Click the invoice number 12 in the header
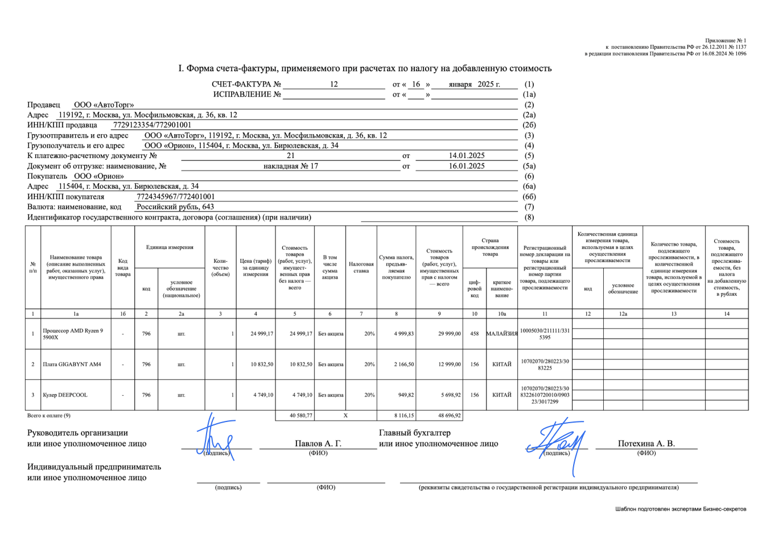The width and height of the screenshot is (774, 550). (334, 84)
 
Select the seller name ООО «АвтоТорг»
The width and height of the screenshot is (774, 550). (104, 105)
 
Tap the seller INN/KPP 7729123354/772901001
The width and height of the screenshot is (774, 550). (153, 125)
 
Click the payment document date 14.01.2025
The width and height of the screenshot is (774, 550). (467, 155)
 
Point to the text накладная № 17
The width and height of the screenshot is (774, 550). (290, 166)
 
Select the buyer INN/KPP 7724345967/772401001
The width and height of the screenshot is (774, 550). (176, 197)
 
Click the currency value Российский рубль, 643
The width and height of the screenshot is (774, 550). (175, 207)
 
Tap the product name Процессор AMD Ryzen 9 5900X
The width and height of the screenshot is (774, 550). (73, 334)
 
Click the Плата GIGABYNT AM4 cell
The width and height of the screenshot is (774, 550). (72, 364)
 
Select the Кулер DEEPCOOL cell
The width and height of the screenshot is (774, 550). (65, 395)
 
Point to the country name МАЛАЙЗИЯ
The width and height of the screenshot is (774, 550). (501, 334)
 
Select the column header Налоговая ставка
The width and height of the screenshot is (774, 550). (361, 267)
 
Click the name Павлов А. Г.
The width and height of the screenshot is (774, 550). (318, 444)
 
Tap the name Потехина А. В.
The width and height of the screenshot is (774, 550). (646, 444)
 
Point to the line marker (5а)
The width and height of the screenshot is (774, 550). (529, 166)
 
